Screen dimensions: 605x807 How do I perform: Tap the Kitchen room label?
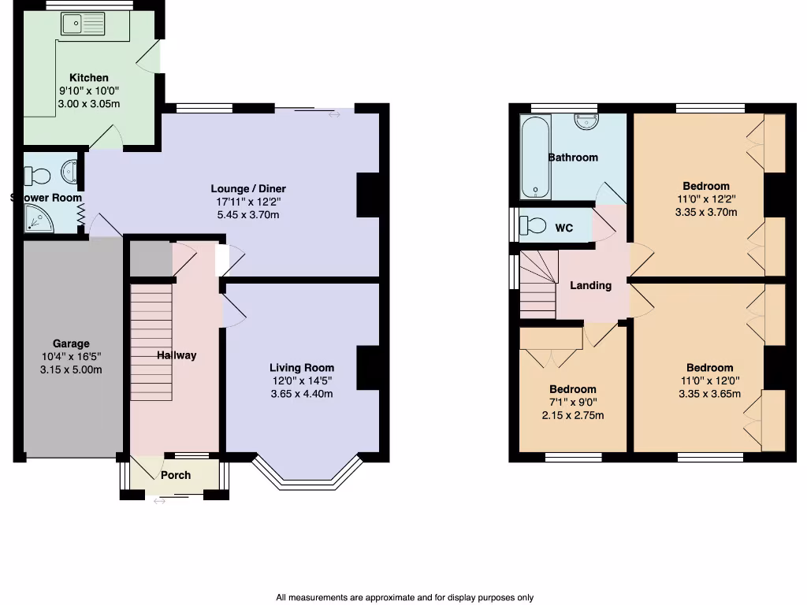89,78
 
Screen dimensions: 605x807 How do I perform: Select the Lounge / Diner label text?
247,189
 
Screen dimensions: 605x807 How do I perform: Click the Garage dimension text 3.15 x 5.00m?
71,370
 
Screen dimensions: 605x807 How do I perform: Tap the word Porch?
176,475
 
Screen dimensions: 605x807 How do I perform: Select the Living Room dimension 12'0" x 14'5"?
302,380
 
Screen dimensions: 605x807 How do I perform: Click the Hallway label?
176,355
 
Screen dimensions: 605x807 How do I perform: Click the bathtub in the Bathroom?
533,158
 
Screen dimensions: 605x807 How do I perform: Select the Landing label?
590,286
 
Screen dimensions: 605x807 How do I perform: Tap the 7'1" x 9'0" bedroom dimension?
572,403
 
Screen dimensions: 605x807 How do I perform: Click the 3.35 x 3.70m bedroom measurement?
706,212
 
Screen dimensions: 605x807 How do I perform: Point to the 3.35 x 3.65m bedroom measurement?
709,394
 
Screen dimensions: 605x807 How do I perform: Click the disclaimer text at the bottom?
404,598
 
